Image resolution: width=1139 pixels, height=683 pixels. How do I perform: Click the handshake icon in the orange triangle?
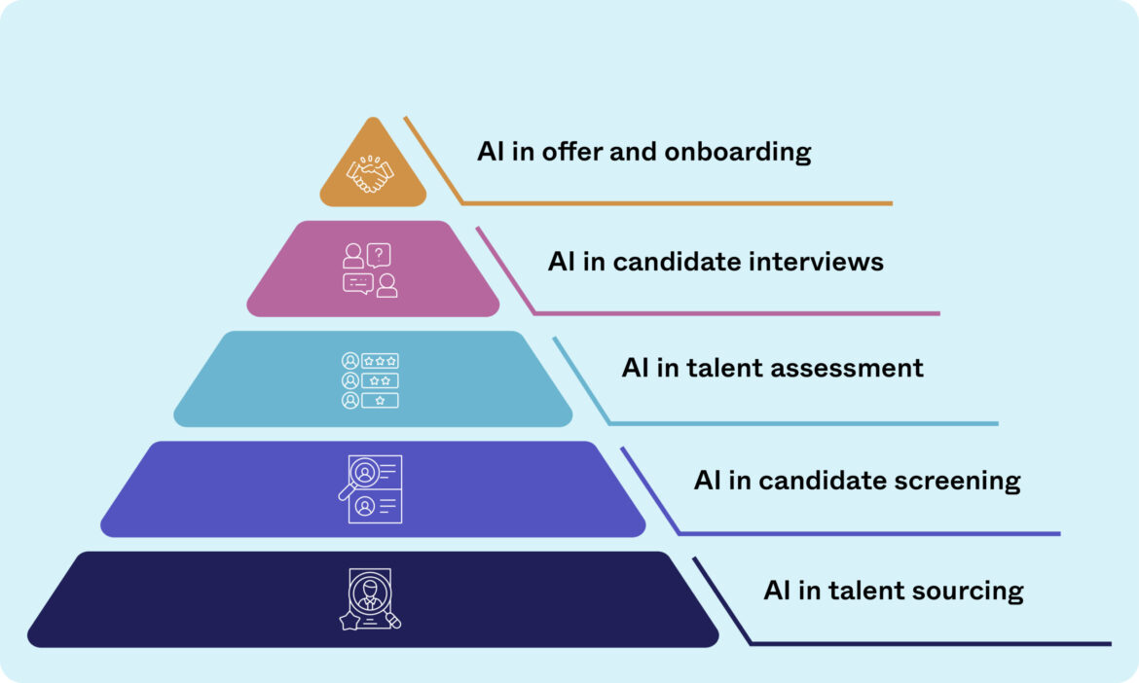(x=371, y=174)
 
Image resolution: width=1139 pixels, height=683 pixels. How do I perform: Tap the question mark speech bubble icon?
(x=379, y=255)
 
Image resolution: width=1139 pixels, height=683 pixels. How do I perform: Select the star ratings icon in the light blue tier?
(x=370, y=379)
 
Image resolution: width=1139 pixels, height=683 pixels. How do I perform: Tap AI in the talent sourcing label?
(x=776, y=591)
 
